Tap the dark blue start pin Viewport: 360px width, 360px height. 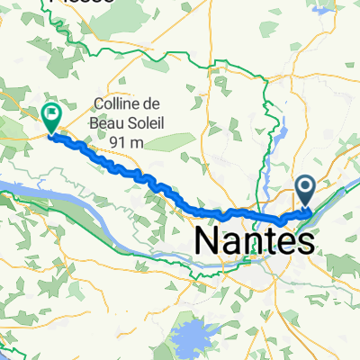tap(305, 189)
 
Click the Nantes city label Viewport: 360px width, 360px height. tap(256, 240)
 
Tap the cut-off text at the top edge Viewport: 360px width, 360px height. tap(81, 3)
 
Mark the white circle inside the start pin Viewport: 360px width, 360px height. tap(305, 185)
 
